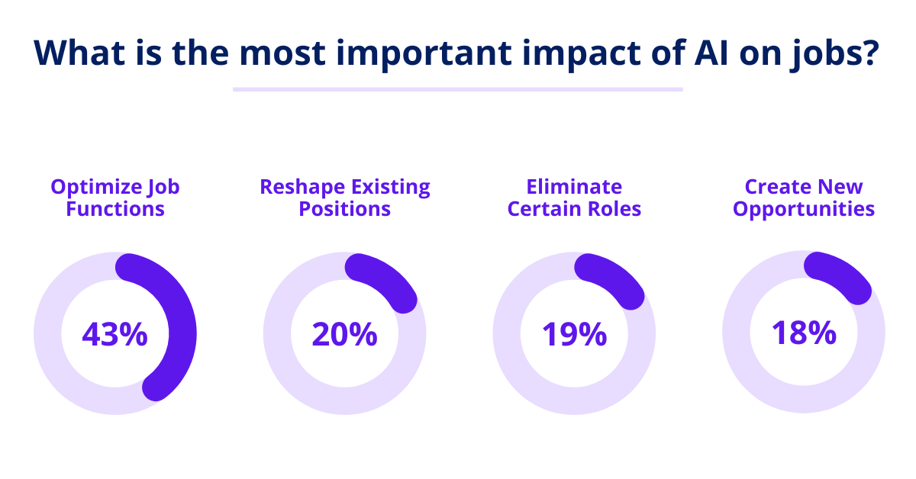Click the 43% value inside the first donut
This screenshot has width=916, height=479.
click(x=114, y=334)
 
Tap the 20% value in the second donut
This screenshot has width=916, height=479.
click(x=344, y=334)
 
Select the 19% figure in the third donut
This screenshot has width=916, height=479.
click(x=574, y=334)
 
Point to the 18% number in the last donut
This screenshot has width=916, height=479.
click(x=803, y=333)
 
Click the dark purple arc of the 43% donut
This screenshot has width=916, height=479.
click(x=182, y=328)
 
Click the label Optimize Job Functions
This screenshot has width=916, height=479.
click(x=115, y=198)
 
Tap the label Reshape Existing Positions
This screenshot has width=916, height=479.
click(x=345, y=198)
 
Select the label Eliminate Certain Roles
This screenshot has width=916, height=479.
click(x=574, y=198)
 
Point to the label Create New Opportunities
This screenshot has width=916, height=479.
click(x=804, y=198)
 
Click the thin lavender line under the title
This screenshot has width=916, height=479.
click(x=457, y=89)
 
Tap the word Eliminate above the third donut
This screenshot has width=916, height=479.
click(x=574, y=187)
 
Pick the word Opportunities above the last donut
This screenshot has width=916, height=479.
click(x=804, y=209)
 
